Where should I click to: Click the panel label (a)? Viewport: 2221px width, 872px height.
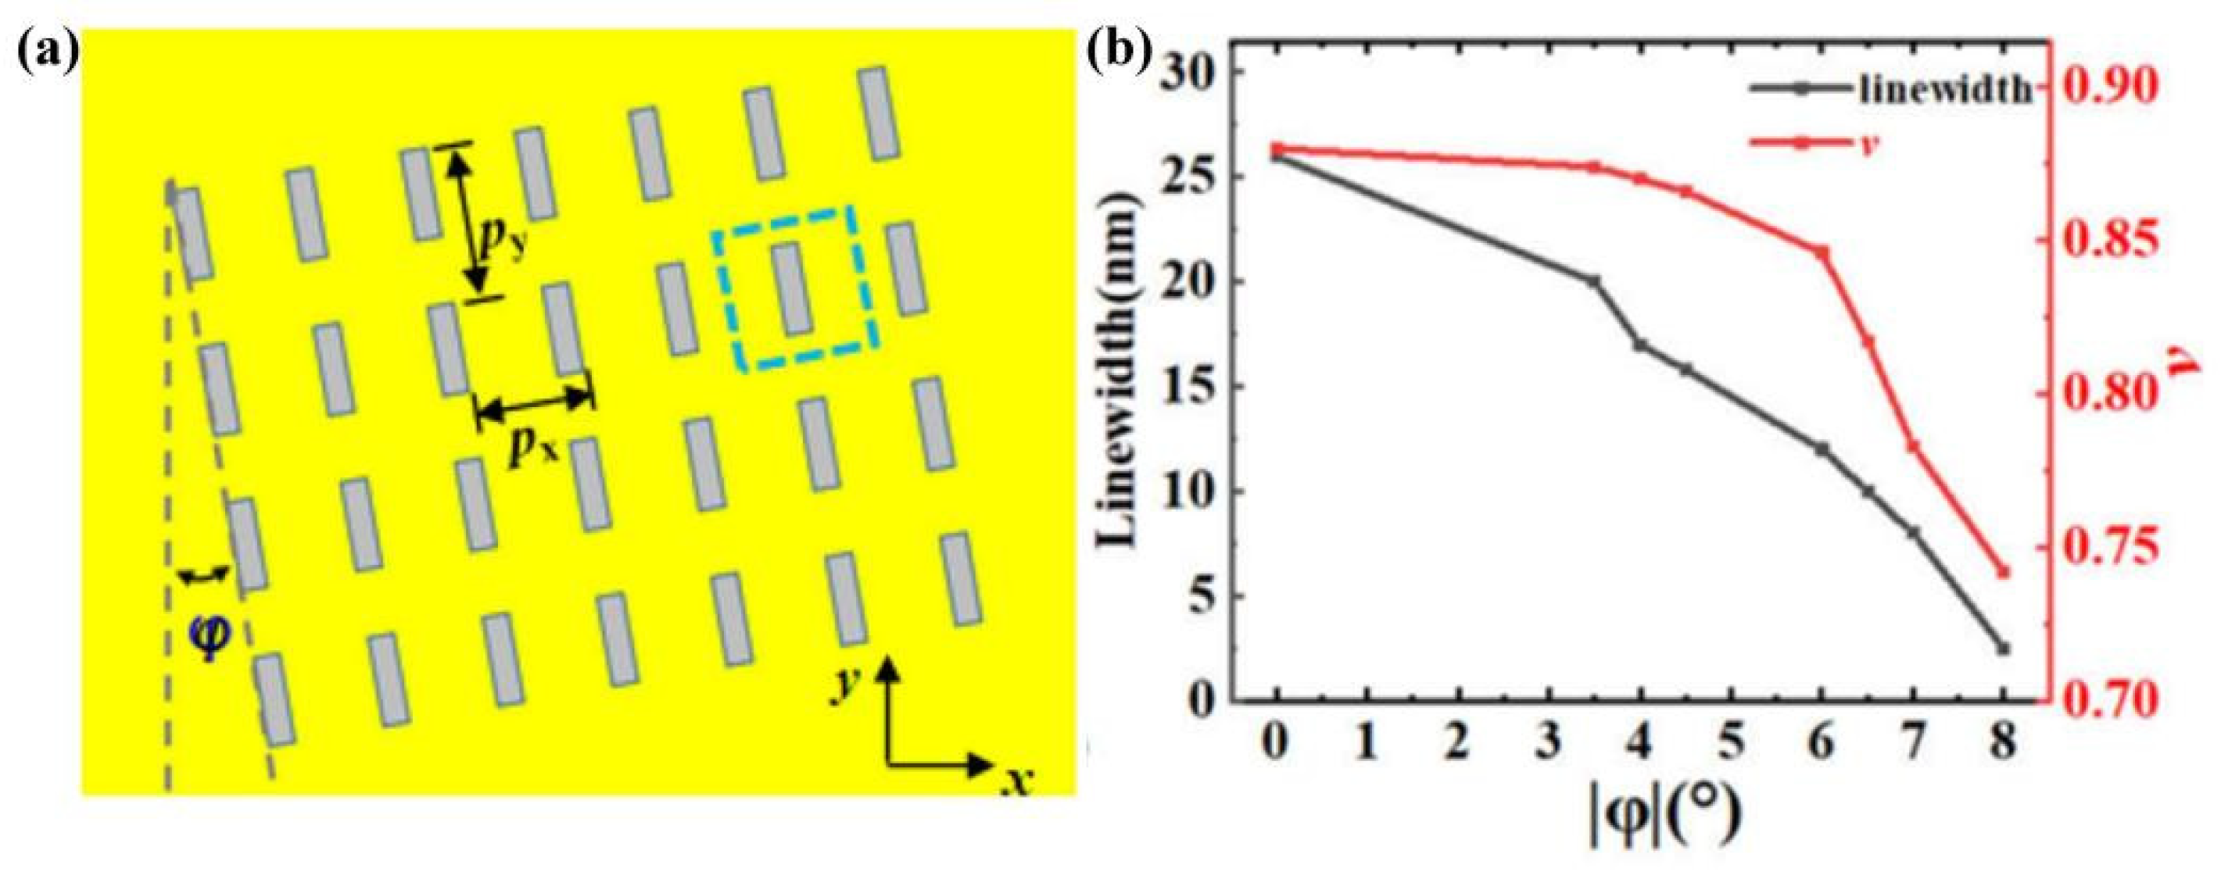(48, 53)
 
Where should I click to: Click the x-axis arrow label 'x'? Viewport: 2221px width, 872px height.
(1018, 781)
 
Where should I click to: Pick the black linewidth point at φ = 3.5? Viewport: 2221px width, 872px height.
(1594, 281)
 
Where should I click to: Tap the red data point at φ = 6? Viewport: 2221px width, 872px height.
(1822, 252)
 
